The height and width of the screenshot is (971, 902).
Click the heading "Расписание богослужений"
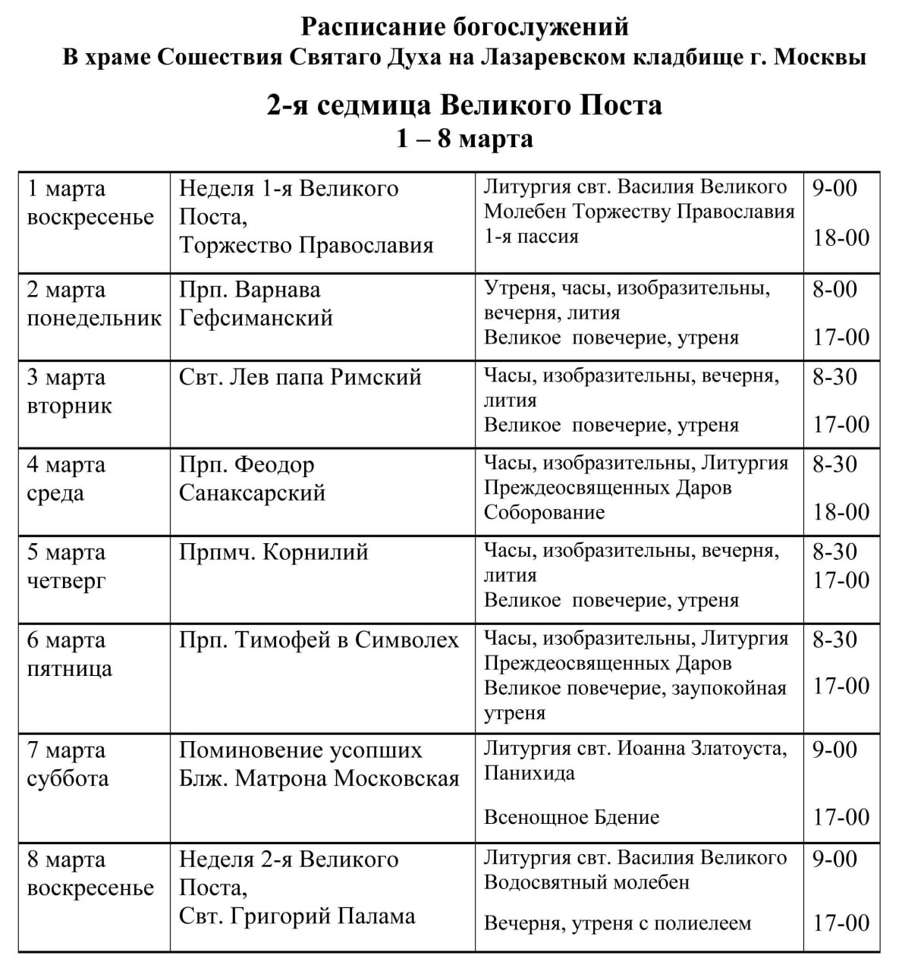pyautogui.click(x=465, y=27)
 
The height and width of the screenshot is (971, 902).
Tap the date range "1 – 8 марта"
pyautogui.click(x=464, y=139)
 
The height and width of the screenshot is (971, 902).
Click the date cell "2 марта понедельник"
pyautogui.click(x=94, y=303)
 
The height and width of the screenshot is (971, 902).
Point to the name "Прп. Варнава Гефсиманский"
pyautogui.click(x=256, y=303)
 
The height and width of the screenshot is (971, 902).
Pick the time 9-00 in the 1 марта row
pyautogui.click(x=834, y=187)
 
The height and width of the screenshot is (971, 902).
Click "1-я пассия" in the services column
pyautogui.click(x=531, y=236)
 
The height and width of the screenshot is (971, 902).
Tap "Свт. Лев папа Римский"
pyautogui.click(x=300, y=377)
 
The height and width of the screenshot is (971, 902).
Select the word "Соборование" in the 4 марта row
pyautogui.click(x=544, y=512)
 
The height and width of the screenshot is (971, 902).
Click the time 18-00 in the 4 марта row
pyautogui.click(x=841, y=512)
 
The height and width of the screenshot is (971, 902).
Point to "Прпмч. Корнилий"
pyautogui.click(x=273, y=552)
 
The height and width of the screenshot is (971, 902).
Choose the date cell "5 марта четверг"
pyautogui.click(x=67, y=567)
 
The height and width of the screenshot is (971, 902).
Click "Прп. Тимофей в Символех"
pyautogui.click(x=319, y=640)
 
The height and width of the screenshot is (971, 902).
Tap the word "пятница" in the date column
pyautogui.click(x=69, y=668)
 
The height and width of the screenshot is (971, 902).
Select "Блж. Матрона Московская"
pyautogui.click(x=319, y=778)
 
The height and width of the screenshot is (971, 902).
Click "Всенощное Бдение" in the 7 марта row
pyautogui.click(x=571, y=817)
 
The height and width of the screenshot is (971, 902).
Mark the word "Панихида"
pyautogui.click(x=529, y=773)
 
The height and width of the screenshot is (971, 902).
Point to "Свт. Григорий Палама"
pyautogui.click(x=297, y=916)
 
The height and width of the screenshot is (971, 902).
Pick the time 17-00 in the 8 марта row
pyautogui.click(x=841, y=923)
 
